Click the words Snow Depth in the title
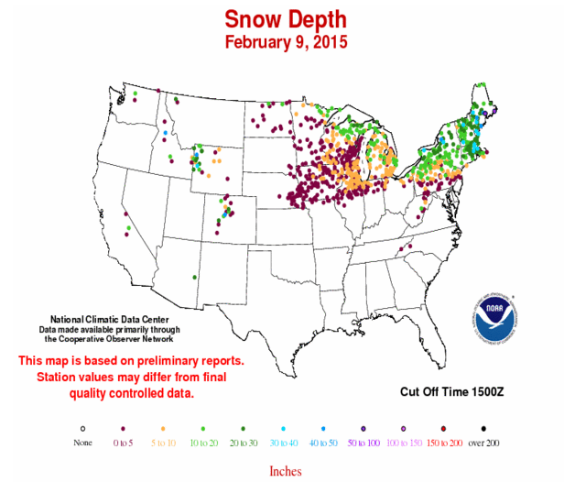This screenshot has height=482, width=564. coord(282,19)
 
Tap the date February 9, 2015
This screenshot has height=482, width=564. coord(282,41)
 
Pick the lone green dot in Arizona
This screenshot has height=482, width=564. coord(193,277)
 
